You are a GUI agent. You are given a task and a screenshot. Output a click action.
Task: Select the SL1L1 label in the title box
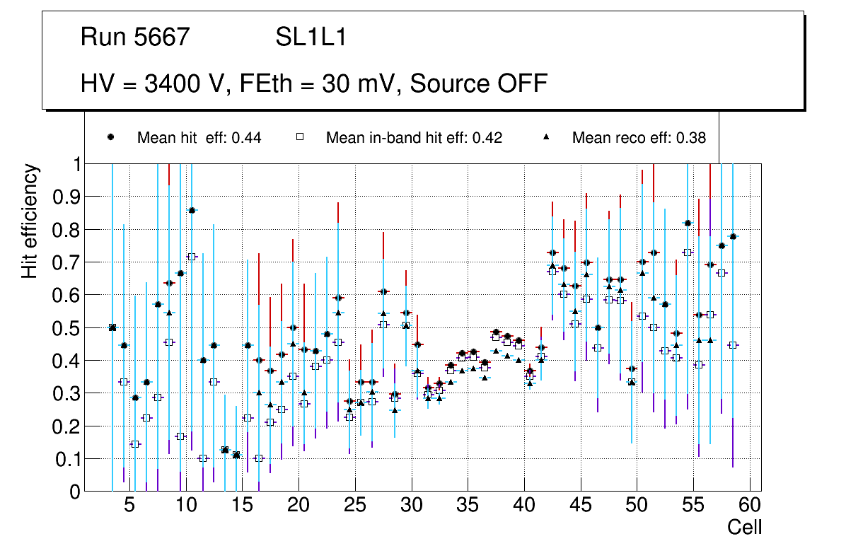(311, 37)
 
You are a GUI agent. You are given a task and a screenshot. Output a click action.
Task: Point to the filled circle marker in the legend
(110, 137)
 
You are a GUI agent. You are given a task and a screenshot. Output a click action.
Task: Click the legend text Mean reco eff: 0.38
(639, 138)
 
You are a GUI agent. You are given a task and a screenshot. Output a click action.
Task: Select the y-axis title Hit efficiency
(30, 221)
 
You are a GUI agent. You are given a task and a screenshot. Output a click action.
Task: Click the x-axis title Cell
(745, 527)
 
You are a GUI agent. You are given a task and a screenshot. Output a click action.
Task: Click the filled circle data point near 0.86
(192, 210)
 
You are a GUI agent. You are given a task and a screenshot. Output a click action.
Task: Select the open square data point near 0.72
(192, 256)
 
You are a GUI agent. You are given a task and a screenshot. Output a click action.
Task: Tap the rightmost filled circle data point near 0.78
(733, 236)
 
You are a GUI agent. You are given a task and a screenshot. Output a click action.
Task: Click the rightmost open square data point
(733, 345)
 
